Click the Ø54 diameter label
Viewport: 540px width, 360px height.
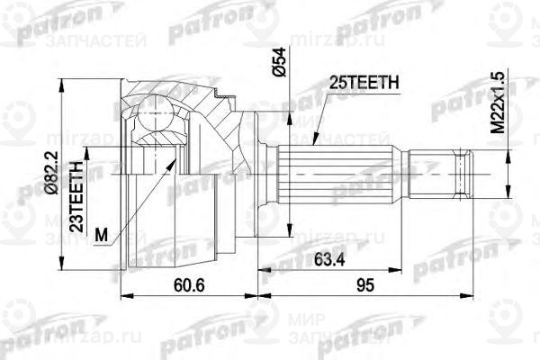(280, 59)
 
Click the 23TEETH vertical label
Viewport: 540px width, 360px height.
(77, 193)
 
